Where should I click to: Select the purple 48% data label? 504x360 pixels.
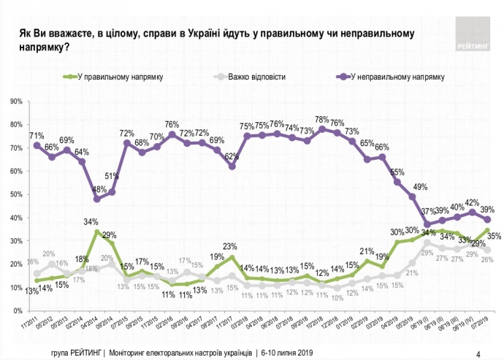96,188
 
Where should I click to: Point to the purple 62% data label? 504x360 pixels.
232,156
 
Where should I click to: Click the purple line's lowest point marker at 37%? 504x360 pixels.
428,225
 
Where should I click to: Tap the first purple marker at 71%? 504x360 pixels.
37,145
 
